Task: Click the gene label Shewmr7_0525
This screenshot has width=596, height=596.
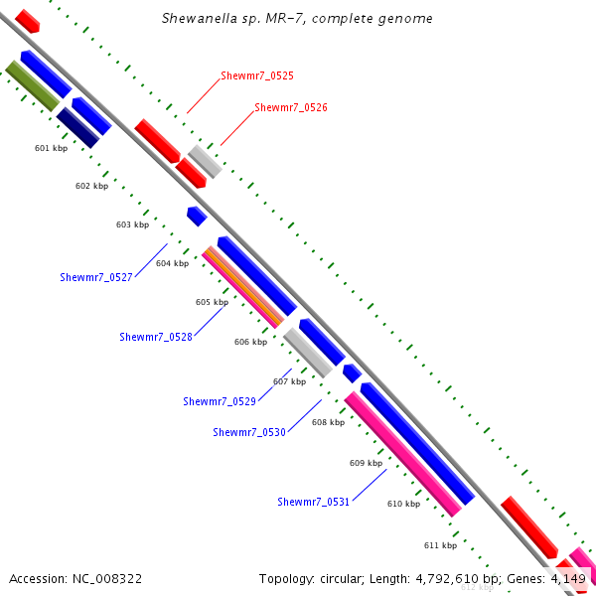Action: tap(256, 75)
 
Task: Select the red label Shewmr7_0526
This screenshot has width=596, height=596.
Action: tap(290, 107)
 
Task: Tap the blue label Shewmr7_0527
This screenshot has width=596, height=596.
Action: tap(96, 277)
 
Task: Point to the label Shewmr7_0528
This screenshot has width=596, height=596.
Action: tap(156, 337)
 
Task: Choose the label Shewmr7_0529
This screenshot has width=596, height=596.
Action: tap(220, 401)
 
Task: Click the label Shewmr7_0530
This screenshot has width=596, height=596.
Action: tap(249, 432)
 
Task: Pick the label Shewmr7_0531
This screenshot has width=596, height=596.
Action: tap(313, 502)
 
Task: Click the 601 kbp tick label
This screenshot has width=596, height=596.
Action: tap(51, 148)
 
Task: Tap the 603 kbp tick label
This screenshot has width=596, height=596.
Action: tap(132, 224)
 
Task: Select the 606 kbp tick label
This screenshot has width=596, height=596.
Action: tap(250, 342)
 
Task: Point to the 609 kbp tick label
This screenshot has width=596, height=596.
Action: tap(366, 463)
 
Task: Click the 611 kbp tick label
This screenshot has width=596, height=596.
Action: tap(440, 545)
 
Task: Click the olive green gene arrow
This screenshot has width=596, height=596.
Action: tap(33, 85)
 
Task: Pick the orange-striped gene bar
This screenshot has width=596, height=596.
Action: tap(242, 289)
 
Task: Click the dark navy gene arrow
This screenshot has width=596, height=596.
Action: tap(77, 128)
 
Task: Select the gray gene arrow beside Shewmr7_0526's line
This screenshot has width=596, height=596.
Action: tap(205, 161)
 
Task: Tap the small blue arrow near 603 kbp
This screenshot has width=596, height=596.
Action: tap(197, 216)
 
